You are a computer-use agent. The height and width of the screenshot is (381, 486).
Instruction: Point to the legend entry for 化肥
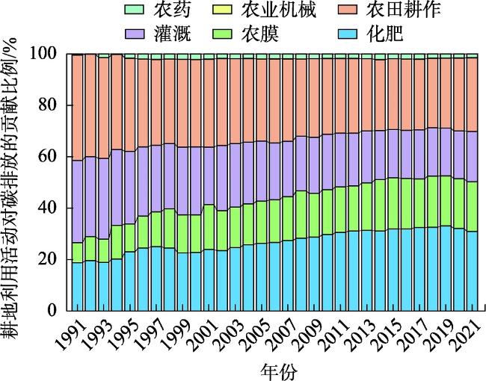[x=388, y=34]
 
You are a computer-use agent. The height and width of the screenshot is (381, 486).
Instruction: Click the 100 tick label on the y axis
[x=46, y=54]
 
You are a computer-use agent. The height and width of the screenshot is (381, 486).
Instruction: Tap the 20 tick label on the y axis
[x=49, y=259]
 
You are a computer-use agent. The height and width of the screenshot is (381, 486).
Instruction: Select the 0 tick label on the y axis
[x=54, y=310]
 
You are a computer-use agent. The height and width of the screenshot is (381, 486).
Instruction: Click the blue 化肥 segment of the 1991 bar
[x=77, y=285]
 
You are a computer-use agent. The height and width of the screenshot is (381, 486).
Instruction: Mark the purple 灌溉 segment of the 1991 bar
[x=77, y=202]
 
